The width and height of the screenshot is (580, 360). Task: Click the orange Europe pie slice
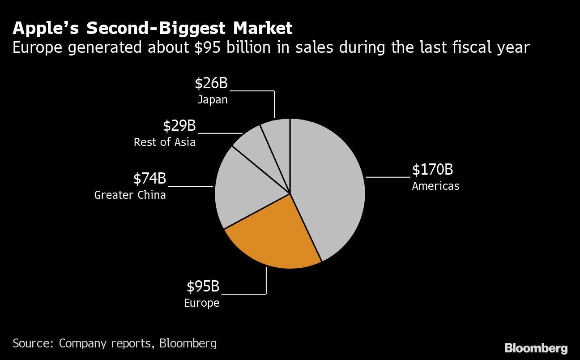pos(273,237)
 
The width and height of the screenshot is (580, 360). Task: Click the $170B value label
pos(432,170)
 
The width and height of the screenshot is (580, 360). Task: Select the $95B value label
pos(203,286)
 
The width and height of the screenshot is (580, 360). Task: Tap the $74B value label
pos(149,179)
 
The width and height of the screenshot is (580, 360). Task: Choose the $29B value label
pos(179,126)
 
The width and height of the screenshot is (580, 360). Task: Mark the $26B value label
pos(211,83)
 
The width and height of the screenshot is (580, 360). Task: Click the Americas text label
pos(435,186)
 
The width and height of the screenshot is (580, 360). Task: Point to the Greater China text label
pos(130,195)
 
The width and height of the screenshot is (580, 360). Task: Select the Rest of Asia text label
pos(164,142)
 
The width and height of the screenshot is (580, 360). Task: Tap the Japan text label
pos(212,99)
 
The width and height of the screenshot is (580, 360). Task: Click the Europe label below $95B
pos(202,303)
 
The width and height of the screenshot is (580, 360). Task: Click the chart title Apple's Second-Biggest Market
pos(152,28)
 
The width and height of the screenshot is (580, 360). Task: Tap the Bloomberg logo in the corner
pos(536,348)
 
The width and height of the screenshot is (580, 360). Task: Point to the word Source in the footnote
pos(33,343)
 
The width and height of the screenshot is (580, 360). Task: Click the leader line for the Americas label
pos(388,177)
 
